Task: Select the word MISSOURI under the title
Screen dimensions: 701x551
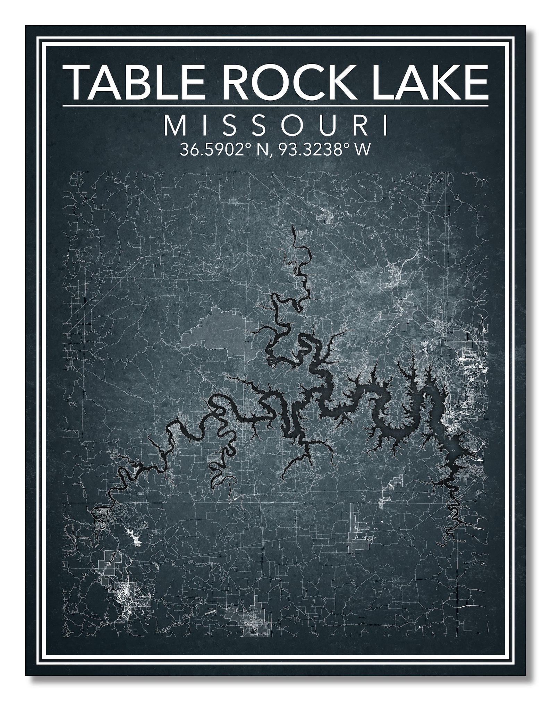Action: [x=275, y=126]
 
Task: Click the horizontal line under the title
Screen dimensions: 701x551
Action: [x=275, y=105]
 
